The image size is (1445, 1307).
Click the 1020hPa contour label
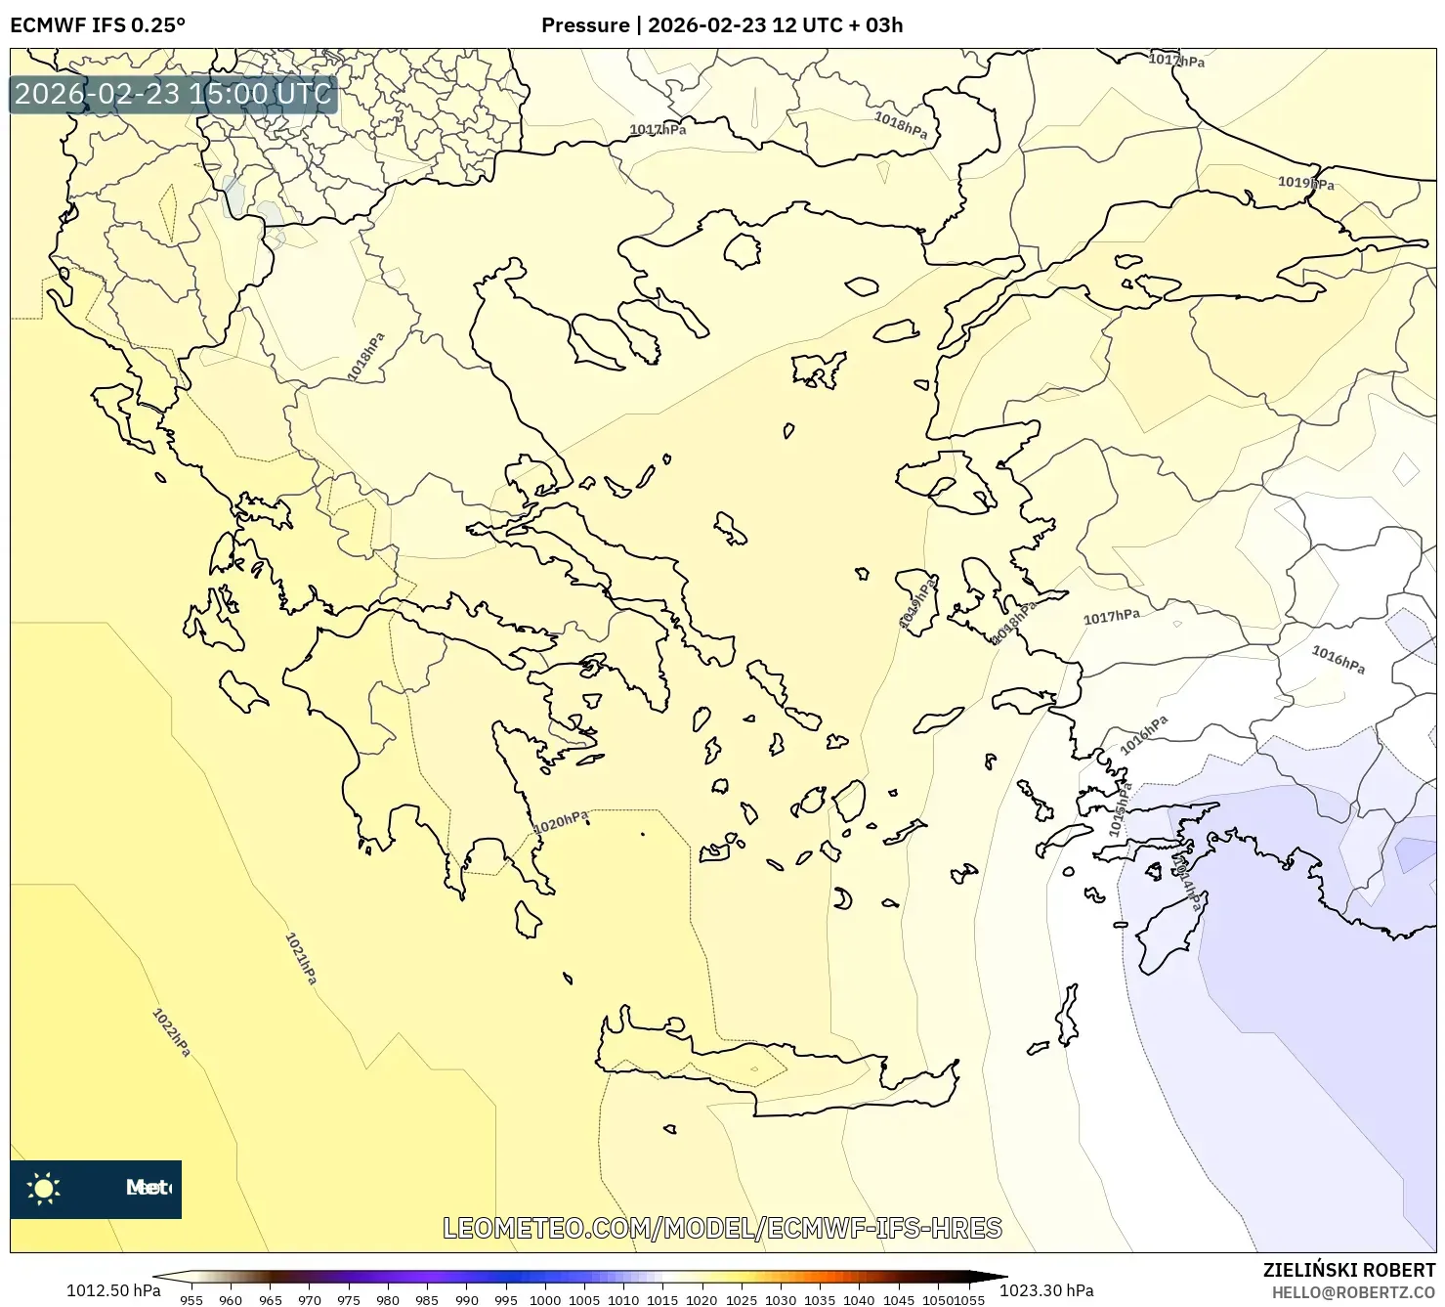561,823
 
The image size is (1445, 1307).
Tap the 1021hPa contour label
301,958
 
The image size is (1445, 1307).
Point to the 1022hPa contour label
171,1032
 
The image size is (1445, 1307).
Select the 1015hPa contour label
1120,809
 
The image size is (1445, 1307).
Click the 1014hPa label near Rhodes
1185,884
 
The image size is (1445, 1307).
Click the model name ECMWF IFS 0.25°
98,25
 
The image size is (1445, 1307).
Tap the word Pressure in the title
585,25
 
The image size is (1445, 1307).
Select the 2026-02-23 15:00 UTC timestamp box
173,94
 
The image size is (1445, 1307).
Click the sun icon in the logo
44,1189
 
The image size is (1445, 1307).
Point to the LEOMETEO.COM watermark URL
722,1228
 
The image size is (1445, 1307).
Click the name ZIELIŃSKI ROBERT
1349,1270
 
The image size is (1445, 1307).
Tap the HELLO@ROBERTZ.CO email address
1353,1292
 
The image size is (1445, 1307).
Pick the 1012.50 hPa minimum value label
113,1290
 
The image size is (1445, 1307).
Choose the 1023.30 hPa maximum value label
1046,1290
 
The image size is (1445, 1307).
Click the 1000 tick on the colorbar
544,1300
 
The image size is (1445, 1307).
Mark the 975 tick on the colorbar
349,1300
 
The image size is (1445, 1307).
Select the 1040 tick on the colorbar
859,1300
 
